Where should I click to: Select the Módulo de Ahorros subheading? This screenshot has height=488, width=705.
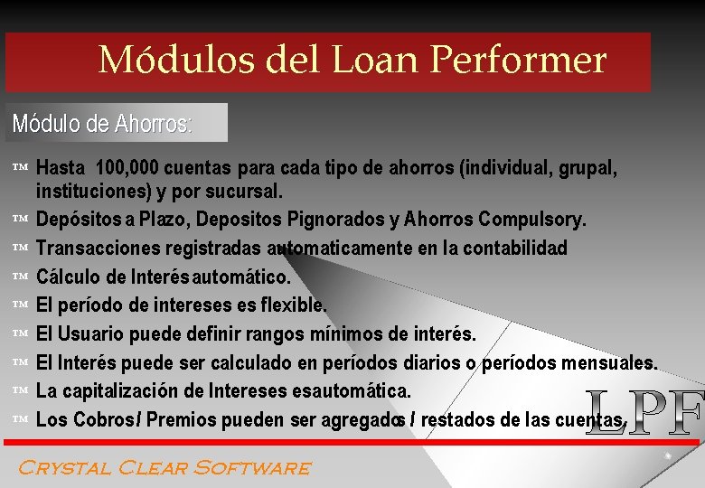(102, 123)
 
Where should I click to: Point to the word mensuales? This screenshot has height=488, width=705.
(606, 362)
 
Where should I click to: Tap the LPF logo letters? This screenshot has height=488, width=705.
(643, 413)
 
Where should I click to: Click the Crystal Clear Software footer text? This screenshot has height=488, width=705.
(164, 467)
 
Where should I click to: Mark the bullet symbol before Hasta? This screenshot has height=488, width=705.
(23, 168)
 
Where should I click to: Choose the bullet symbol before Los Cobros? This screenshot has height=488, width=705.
(23, 420)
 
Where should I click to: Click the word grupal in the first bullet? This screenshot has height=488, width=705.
(588, 168)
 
